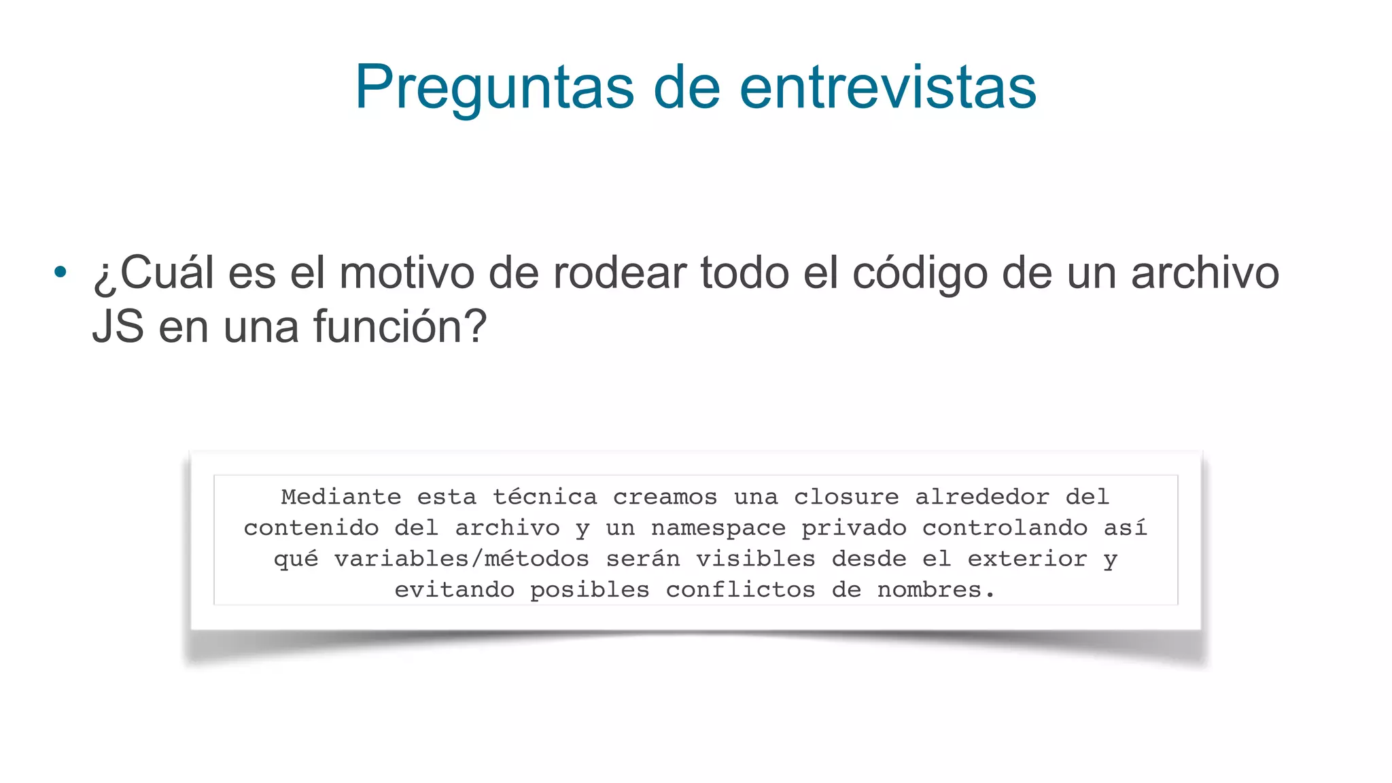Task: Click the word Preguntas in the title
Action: coord(494,88)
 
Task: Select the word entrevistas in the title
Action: coord(888,88)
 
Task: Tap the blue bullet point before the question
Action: coord(60,273)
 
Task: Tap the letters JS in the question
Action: coord(118,327)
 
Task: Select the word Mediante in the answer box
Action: coord(341,497)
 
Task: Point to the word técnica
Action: coord(545,497)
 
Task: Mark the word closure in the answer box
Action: coord(846,497)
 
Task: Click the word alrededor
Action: coord(982,497)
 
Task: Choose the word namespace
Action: coord(718,528)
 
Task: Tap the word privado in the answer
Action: coord(854,528)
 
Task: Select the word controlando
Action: coord(1005,528)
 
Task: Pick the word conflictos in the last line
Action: coord(740,590)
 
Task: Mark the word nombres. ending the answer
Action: coord(936,590)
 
